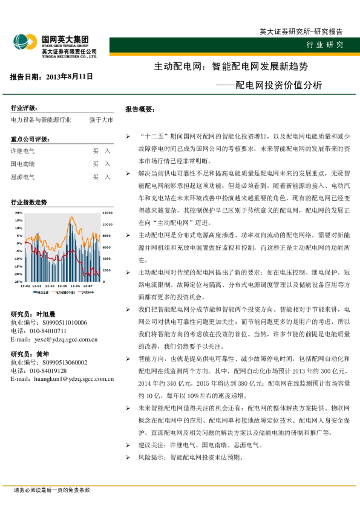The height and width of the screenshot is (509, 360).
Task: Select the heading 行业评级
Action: (x=26, y=108)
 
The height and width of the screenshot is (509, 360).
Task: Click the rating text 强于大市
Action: (x=100, y=120)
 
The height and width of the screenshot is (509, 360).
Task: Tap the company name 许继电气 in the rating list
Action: (x=23, y=150)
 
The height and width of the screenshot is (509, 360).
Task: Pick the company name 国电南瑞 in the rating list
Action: (x=23, y=164)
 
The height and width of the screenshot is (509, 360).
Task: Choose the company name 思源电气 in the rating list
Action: (x=23, y=177)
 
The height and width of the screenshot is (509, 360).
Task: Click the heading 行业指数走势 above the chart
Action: (x=29, y=203)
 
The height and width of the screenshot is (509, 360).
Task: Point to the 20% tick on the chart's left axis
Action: (x=19, y=213)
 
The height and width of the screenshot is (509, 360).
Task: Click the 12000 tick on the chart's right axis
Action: (x=106, y=213)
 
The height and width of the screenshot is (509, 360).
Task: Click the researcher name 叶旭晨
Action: (x=45, y=314)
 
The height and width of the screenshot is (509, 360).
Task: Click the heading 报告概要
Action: (x=140, y=109)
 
